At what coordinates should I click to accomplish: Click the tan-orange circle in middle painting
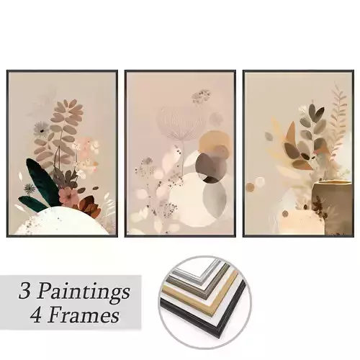tap(213, 143)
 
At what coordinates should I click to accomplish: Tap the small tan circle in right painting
tap(250, 186)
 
